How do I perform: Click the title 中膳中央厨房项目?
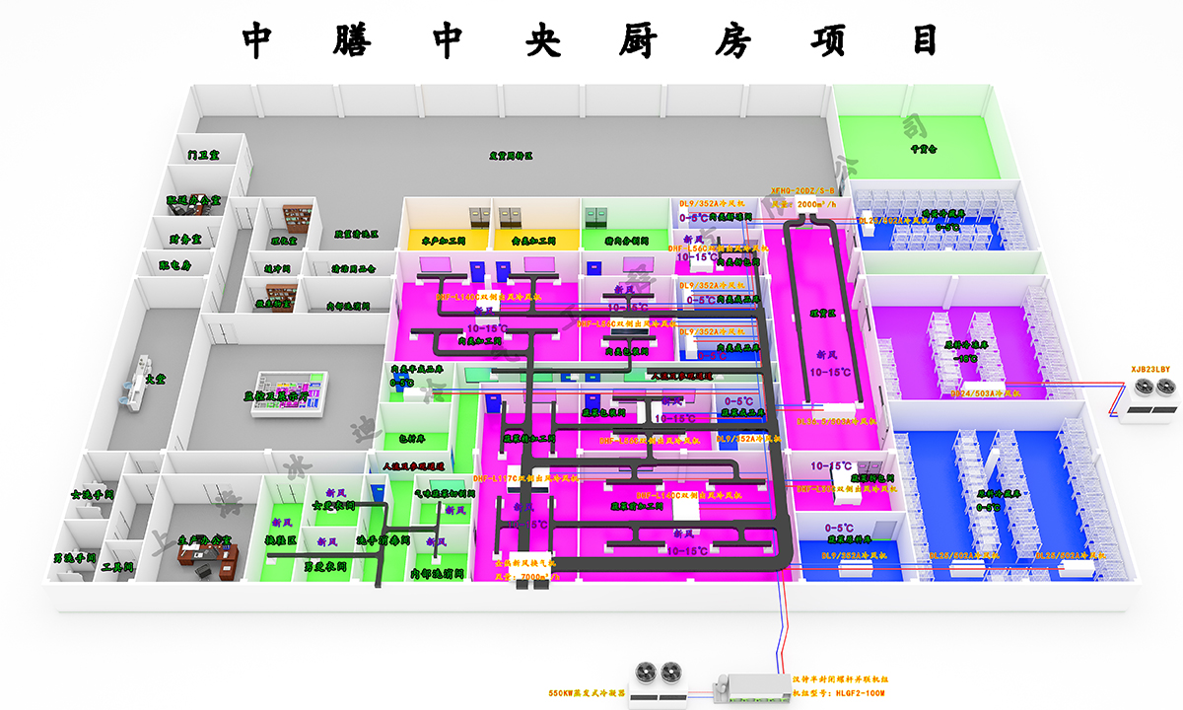tap(591, 40)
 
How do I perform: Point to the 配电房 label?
tap(175, 265)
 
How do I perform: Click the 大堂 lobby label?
tap(156, 378)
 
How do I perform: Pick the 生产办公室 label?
tap(205, 538)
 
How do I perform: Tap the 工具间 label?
tap(117, 568)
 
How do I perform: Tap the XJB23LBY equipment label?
tap(1149, 369)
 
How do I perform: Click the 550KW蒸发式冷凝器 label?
tap(587, 691)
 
